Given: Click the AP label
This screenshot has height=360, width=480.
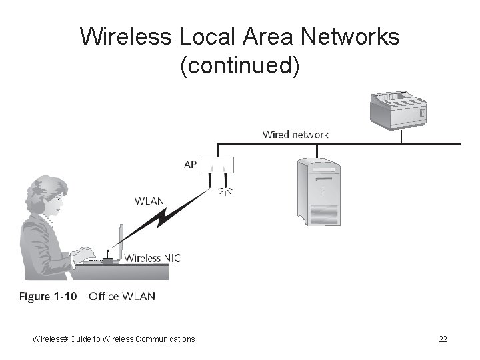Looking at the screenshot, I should [190, 164].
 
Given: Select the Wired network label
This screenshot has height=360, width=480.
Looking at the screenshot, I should [295, 134].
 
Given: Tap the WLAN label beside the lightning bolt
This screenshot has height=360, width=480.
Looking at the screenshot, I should [149, 200].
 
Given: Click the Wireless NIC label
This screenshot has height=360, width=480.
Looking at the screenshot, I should [153, 258].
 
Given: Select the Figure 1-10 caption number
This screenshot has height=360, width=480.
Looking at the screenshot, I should [47, 296].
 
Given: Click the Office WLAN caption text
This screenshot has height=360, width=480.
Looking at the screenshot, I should [121, 296].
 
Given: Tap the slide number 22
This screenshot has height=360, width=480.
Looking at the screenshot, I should [443, 339].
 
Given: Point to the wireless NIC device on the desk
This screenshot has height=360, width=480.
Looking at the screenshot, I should [107, 260].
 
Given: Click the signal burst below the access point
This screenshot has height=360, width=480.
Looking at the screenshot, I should [225, 191].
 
